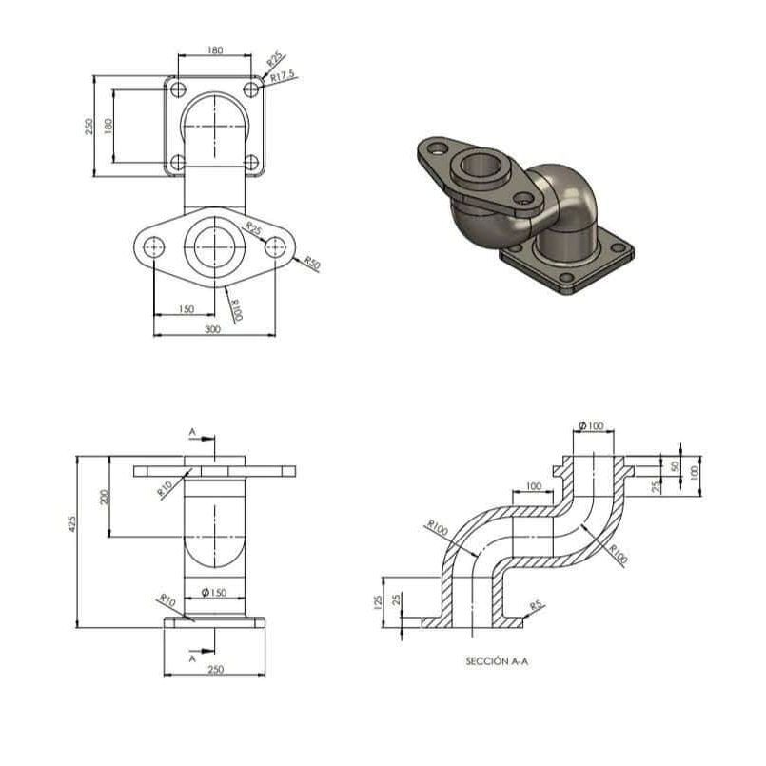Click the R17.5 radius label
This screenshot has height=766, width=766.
[283, 76]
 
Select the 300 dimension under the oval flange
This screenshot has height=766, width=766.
[212, 329]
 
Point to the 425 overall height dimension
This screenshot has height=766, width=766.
[71, 523]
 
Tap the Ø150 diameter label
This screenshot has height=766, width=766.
[214, 593]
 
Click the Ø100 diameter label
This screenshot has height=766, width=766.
[591, 426]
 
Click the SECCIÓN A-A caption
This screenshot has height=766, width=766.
[497, 661]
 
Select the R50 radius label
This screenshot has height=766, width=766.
[312, 263]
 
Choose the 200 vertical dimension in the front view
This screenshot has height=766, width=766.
[104, 497]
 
